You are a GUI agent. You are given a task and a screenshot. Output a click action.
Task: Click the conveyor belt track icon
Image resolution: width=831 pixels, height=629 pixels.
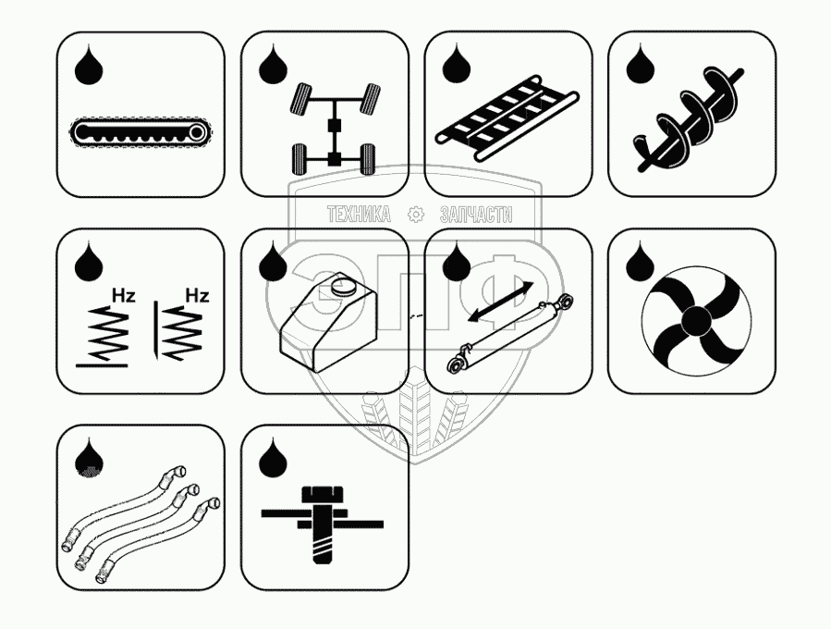[x=140, y=131]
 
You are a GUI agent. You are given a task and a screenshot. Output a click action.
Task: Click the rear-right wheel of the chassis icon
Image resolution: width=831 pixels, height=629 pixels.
[x=368, y=158]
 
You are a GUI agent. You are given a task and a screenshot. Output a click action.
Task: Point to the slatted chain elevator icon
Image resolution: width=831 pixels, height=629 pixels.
[x=507, y=117]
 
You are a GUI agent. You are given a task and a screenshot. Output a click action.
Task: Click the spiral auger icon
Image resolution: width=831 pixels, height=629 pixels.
[x=689, y=119]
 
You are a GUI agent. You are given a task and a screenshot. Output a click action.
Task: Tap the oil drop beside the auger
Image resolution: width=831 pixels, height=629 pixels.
[x=640, y=64]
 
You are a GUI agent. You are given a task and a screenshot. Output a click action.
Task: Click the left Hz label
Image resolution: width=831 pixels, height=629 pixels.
[x=124, y=295]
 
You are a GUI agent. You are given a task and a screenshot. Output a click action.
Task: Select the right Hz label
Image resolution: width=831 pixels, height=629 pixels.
[x=197, y=295]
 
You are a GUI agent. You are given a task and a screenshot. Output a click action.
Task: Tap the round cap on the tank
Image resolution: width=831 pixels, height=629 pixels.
[x=345, y=287]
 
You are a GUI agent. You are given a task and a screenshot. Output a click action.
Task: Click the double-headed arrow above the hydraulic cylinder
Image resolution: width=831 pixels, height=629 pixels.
[x=501, y=302]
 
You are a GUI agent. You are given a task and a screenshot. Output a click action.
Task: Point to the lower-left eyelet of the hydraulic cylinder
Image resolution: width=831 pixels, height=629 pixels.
[x=456, y=364]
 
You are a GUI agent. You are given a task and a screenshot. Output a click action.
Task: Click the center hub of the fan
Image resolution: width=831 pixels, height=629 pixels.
[x=696, y=320]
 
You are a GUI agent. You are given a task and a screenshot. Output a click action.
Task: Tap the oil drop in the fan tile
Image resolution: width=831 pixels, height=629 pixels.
[x=640, y=261]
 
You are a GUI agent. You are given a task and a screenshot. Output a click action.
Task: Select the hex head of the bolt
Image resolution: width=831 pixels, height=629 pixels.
[x=323, y=494]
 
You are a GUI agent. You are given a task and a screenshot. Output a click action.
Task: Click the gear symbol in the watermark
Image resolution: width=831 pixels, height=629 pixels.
[x=416, y=214]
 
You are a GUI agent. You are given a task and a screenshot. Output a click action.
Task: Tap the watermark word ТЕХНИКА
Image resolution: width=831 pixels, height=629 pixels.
[x=360, y=215]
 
